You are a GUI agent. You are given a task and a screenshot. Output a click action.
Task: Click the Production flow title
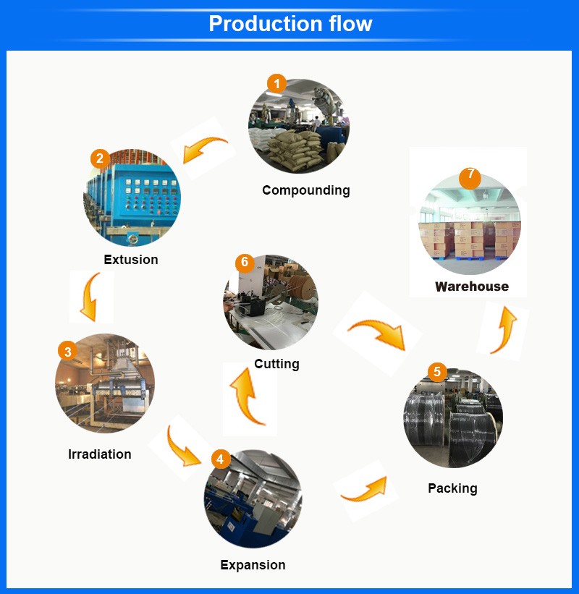(x=290, y=24)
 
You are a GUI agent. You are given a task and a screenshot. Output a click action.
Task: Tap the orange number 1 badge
(x=276, y=84)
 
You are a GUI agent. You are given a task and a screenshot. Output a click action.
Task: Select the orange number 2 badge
(x=100, y=158)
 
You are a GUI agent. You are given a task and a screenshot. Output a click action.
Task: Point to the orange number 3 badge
(x=67, y=352)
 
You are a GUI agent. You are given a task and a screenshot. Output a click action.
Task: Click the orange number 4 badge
(x=221, y=459)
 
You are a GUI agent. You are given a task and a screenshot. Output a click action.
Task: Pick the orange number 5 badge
(x=437, y=372)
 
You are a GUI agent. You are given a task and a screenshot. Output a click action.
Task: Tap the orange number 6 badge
(x=245, y=262)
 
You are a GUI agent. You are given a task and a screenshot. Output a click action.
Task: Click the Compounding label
(x=305, y=190)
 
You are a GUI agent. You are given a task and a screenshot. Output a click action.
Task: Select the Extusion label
(x=130, y=260)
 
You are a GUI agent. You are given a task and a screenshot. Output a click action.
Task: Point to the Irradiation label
(x=100, y=454)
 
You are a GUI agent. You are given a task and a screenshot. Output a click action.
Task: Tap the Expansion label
(x=253, y=565)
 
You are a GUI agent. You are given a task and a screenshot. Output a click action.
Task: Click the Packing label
(x=452, y=488)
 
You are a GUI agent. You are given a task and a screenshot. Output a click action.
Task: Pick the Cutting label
(x=276, y=364)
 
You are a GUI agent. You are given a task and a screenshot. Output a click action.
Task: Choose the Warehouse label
(x=472, y=287)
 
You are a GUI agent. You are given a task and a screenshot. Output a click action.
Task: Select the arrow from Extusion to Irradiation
(x=90, y=297)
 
